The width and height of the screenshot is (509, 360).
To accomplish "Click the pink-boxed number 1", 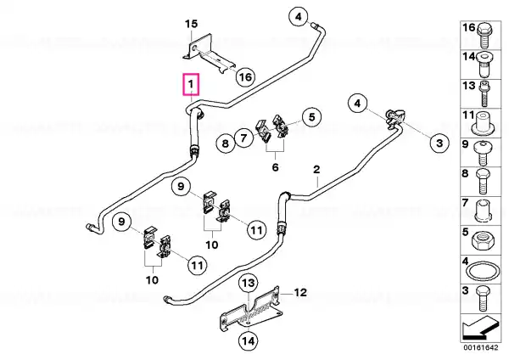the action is coord(191,84).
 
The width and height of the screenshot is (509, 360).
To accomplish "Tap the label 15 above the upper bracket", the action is coord(191,24).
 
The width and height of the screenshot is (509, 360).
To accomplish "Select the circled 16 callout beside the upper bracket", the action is coord(245,77).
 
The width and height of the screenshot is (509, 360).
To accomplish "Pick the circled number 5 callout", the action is coord(311,116).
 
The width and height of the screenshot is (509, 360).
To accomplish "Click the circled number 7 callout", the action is coord(243,138).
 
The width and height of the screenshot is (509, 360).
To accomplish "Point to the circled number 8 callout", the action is coord(226,143).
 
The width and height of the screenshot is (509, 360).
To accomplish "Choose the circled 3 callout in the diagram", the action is coord(439,143).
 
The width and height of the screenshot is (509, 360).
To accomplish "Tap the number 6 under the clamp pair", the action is coord(275,167).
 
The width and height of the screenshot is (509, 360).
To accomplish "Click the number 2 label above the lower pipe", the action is coord(316,169).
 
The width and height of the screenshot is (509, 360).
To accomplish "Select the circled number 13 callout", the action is coord(249,283).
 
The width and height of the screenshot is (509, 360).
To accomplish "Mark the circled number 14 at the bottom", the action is coord(249,340).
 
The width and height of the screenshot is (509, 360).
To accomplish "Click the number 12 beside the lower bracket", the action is coord(300,292).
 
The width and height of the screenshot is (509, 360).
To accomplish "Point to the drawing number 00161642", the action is coord(480,347).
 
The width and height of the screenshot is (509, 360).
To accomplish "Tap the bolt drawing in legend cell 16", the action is coord(484,35).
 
